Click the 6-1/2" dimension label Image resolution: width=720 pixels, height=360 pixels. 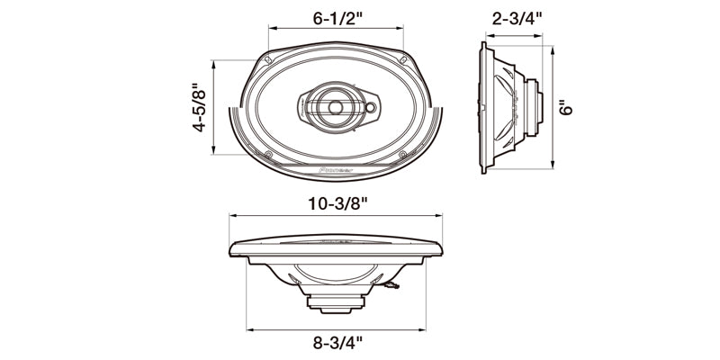pyautogui.click(x=336, y=17)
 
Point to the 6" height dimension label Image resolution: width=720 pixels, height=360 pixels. pyautogui.click(x=565, y=108)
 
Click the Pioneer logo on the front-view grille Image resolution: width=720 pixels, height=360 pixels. pyautogui.click(x=335, y=168)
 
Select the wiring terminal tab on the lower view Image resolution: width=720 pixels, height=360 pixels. pyautogui.click(x=389, y=286)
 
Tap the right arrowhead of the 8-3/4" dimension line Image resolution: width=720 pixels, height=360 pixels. pyautogui.click(x=421, y=326)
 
